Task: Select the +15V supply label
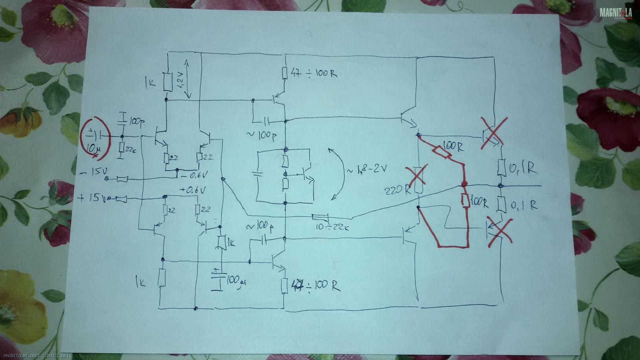click(92, 198)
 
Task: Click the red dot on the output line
click(464, 185)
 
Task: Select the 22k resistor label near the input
click(130, 149)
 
